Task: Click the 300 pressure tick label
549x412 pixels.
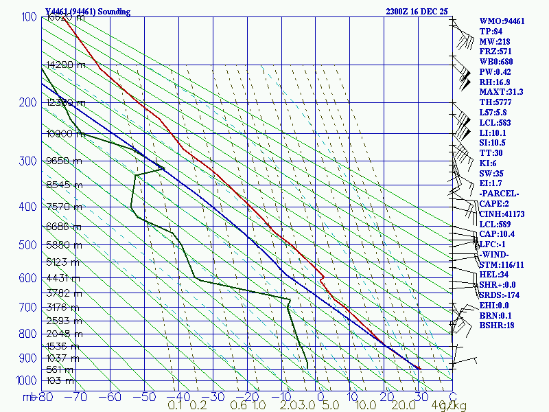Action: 27,161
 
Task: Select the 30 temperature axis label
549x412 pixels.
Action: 419,397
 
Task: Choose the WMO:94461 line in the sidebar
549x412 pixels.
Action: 502,21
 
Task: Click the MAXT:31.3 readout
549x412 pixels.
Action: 501,92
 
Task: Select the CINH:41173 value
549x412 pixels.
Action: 502,214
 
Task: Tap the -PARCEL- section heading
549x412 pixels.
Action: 499,194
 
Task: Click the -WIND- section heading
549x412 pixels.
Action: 495,254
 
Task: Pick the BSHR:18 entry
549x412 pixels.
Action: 497,325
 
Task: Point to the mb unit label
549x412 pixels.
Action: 29,397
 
